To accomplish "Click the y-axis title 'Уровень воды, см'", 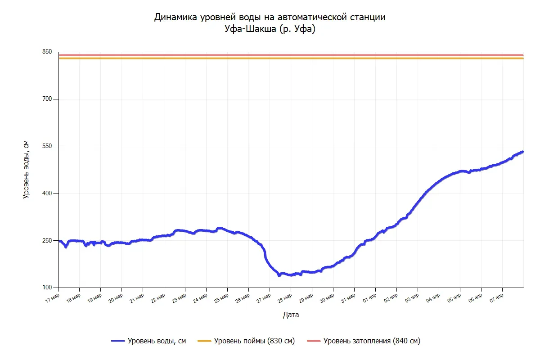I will pyautogui.click(x=26, y=169).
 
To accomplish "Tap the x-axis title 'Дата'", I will pyautogui.click(x=291, y=315).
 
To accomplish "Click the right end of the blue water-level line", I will pyautogui.click(x=523, y=152).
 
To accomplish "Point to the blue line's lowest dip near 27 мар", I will pyautogui.click(x=279, y=275).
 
